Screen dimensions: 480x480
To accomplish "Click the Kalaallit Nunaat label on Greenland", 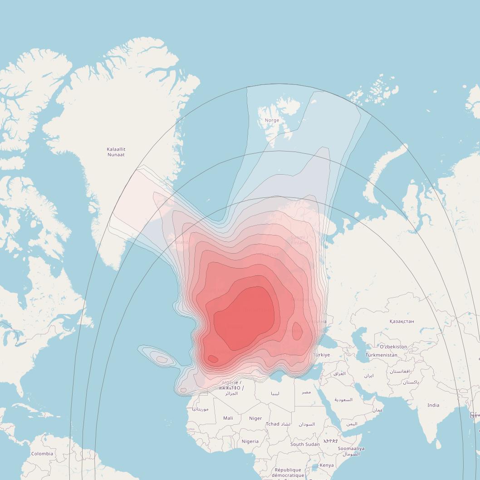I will click(x=116, y=152).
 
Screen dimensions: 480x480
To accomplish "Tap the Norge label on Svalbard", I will click(x=272, y=120).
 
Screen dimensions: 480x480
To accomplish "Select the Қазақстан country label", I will click(x=402, y=321).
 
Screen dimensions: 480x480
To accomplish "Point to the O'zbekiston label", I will click(x=393, y=347).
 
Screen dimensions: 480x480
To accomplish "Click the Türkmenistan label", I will click(x=381, y=355).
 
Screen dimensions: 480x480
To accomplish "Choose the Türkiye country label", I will click(x=322, y=355).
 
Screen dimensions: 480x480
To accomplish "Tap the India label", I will click(x=433, y=405).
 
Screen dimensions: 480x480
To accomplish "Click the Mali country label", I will click(x=228, y=418).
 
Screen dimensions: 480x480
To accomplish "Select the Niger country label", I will click(x=255, y=418).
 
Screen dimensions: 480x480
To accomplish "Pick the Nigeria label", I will click(x=250, y=441).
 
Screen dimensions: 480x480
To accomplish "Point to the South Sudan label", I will click(x=305, y=445).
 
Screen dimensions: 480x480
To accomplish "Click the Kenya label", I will click(x=327, y=465).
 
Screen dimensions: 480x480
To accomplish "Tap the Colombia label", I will click(x=42, y=454).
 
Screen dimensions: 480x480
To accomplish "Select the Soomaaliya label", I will click(x=351, y=449).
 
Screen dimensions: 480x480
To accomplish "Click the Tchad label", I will click(x=273, y=424).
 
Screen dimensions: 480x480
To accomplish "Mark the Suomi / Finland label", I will click(x=299, y=240).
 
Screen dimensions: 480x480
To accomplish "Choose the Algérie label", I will click(x=231, y=383).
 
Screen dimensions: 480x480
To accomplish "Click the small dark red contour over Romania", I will click(x=297, y=331).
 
